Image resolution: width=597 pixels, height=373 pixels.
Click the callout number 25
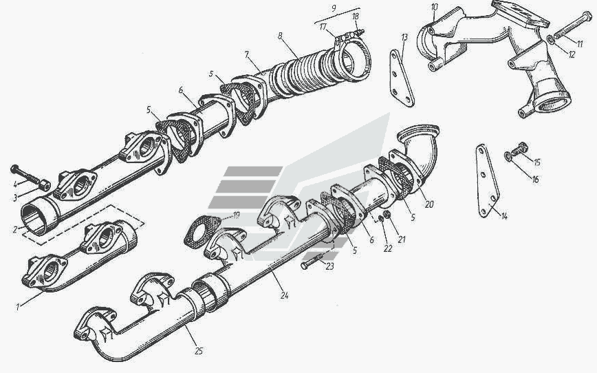pos(199,351)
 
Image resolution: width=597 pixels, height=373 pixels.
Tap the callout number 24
pos(285,295)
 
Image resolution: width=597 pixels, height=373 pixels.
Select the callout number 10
pos(435,7)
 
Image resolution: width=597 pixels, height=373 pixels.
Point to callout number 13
pos(404,37)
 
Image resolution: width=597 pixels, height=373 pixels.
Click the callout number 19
pos(236,215)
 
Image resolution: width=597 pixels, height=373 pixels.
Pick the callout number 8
pos(280,36)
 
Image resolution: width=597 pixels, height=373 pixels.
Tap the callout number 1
pos(17,307)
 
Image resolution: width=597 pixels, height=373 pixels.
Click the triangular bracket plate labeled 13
pos(402,78)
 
